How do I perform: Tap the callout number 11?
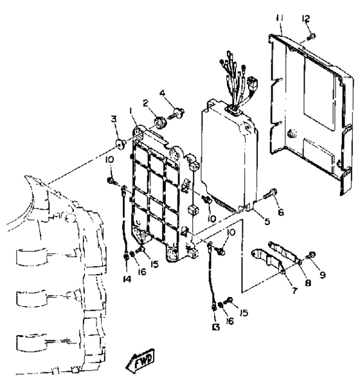280,19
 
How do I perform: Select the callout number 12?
306,19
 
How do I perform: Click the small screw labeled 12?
311,37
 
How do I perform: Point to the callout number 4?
162,93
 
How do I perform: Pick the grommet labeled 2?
160,122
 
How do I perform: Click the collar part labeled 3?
121,145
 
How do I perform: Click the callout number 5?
267,221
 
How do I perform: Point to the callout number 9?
322,275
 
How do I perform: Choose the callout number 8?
308,283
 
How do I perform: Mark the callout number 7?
294,290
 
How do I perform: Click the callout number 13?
215,327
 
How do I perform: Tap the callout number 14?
127,279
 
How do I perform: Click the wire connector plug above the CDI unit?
253,83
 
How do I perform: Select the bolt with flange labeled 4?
177,114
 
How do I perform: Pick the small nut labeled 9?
311,255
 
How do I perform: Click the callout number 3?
114,120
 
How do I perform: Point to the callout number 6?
280,212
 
